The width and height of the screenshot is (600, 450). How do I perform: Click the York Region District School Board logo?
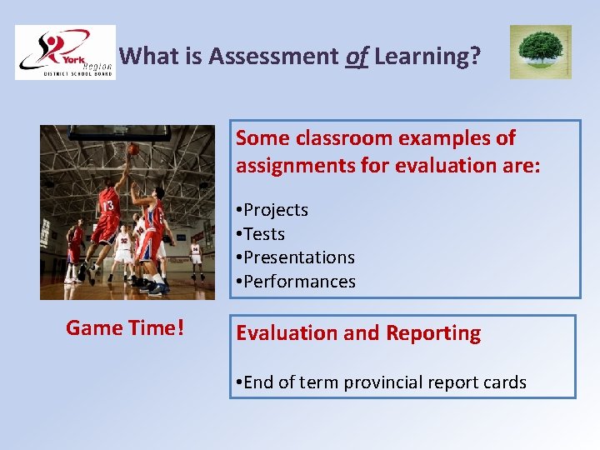pyautogui.click(x=65, y=52)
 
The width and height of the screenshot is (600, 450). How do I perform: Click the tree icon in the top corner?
pyautogui.click(x=540, y=52)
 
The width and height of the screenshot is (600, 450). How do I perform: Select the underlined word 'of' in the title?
pyautogui.click(x=356, y=57)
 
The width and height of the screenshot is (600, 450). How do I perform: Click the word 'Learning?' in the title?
pyautogui.click(x=427, y=57)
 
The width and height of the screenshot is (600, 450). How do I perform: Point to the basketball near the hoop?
pyautogui.click(x=133, y=148)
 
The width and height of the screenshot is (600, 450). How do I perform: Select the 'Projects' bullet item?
pyautogui.click(x=275, y=210)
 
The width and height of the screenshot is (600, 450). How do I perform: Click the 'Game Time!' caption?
pyautogui.click(x=125, y=328)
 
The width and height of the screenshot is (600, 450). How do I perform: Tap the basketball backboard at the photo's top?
pyautogui.click(x=119, y=132)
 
